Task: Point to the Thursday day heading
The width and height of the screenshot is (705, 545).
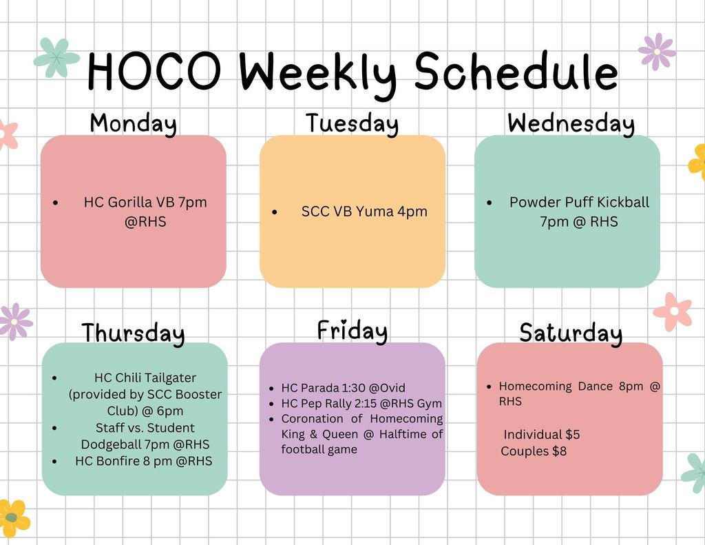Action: coord(133,333)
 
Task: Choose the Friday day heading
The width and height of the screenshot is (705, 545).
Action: coord(352,331)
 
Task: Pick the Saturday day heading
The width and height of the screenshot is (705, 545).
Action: coord(571,333)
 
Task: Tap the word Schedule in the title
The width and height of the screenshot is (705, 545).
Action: coord(516,72)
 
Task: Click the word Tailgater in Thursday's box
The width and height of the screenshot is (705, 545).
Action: coord(167,378)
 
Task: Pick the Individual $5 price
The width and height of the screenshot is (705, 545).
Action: coord(542,435)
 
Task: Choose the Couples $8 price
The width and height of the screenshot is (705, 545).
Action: coord(534,451)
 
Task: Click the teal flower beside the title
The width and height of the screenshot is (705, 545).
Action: coord(56,58)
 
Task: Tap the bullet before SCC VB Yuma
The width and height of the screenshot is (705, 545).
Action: coord(275,212)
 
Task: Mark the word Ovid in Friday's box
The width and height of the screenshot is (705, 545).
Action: coord(392,388)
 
